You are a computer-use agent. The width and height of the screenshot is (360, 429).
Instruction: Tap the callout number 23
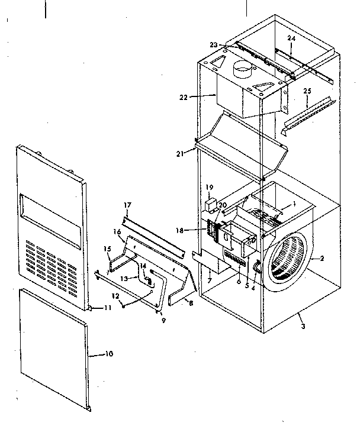(x=213, y=44)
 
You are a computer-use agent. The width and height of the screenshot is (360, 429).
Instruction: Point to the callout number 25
(x=307, y=92)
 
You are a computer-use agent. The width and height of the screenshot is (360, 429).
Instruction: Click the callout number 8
(x=190, y=302)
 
